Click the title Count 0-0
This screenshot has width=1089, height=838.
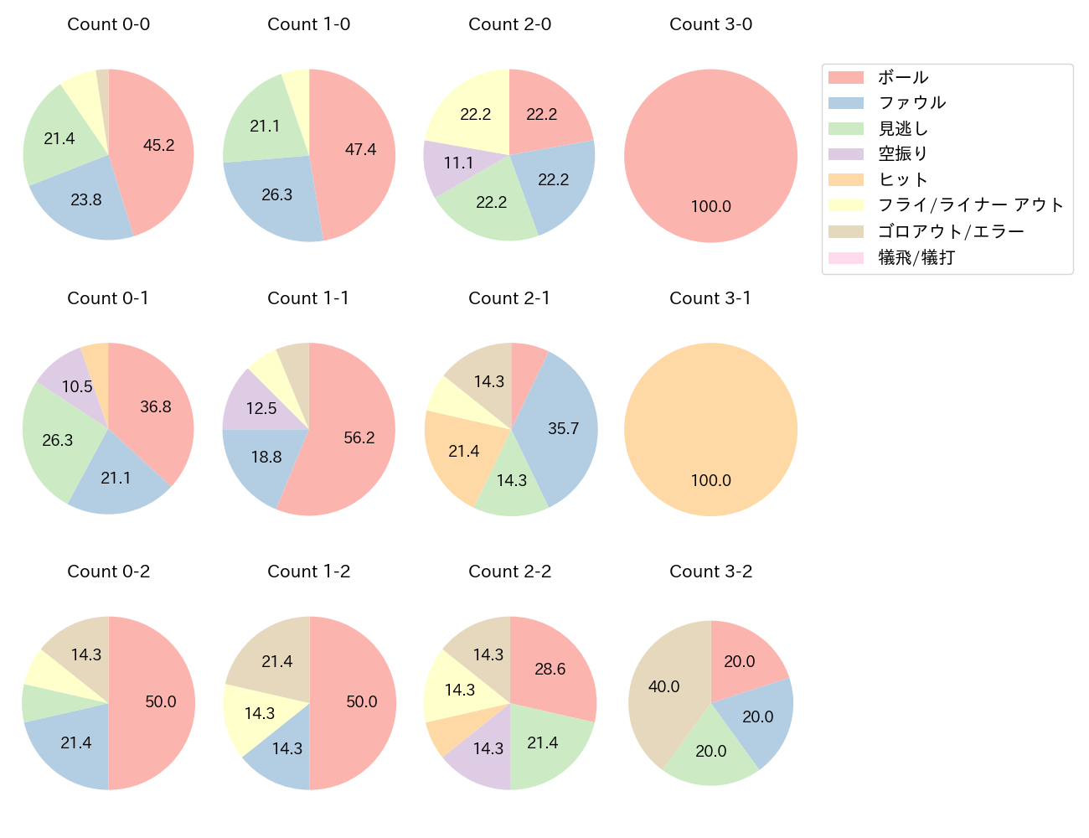109,24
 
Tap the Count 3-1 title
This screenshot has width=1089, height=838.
710,298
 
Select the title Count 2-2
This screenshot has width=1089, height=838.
509,572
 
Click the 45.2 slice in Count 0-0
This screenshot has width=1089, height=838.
155,147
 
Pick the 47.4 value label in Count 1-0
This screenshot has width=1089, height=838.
360,150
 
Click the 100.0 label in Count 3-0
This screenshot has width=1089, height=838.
710,207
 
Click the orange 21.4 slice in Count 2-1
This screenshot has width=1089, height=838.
462,453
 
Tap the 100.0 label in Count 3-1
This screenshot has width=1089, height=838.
710,481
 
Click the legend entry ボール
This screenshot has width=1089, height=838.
903,77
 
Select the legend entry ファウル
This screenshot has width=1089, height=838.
911,103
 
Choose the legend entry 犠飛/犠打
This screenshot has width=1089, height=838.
916,257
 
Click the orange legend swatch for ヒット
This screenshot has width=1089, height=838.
845,180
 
